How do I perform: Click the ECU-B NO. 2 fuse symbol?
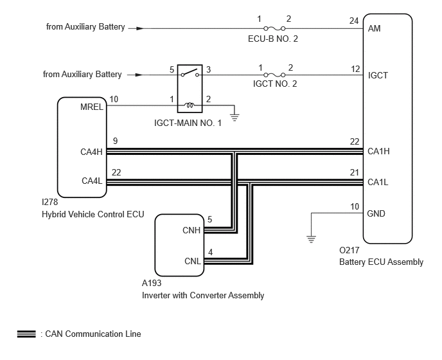pyautogui.click(x=274, y=28)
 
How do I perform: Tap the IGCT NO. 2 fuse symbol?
pyautogui.click(x=274, y=75)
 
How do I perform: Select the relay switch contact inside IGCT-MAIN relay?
pyautogui.click(x=190, y=73)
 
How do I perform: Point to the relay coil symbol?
pyautogui.click(x=190, y=105)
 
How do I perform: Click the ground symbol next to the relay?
pyautogui.click(x=234, y=117)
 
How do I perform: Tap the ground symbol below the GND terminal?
pyautogui.click(x=311, y=239)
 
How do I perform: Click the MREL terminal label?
pyautogui.click(x=92, y=107)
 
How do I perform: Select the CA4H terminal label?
pyautogui.click(x=91, y=152)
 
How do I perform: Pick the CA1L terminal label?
pyautogui.click(x=378, y=183)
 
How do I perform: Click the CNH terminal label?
pyautogui.click(x=191, y=230)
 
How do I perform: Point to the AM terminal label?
pyautogui.click(x=374, y=28)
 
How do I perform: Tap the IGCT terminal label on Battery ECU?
pyautogui.click(x=378, y=75)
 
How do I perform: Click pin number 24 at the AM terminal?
pyautogui.click(x=354, y=21)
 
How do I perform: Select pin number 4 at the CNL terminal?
pyautogui.click(x=210, y=252)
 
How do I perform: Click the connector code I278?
pyautogui.click(x=50, y=202)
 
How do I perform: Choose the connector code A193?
pyautogui.click(x=152, y=283)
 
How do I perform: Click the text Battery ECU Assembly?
pyautogui.click(x=381, y=262)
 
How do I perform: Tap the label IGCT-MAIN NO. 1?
pyautogui.click(x=188, y=123)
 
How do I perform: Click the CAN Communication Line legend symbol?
pyautogui.click(x=26, y=334)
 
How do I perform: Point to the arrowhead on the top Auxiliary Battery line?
pyautogui.click(x=140, y=28)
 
